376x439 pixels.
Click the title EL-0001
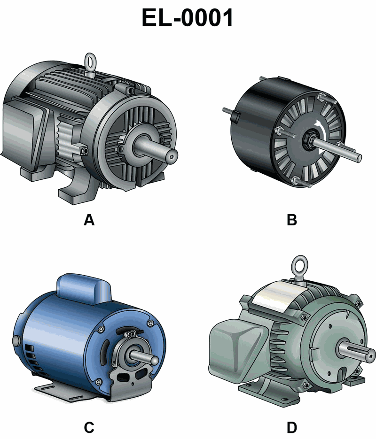[x=188, y=17]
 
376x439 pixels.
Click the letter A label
[x=89, y=220]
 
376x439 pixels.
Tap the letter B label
[x=292, y=220]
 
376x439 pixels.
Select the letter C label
[x=89, y=428]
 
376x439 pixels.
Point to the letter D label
[x=292, y=428]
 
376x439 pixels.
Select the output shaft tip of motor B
[x=358, y=158]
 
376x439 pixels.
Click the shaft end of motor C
[x=154, y=360]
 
